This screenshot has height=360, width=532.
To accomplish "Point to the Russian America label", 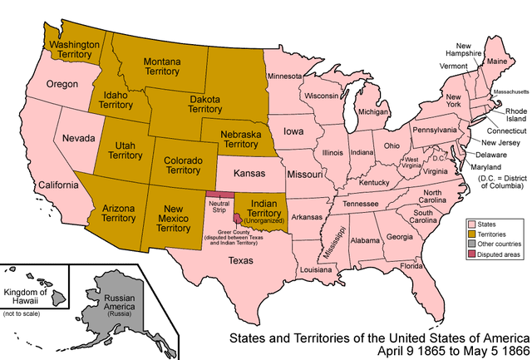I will tap(118, 314).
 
